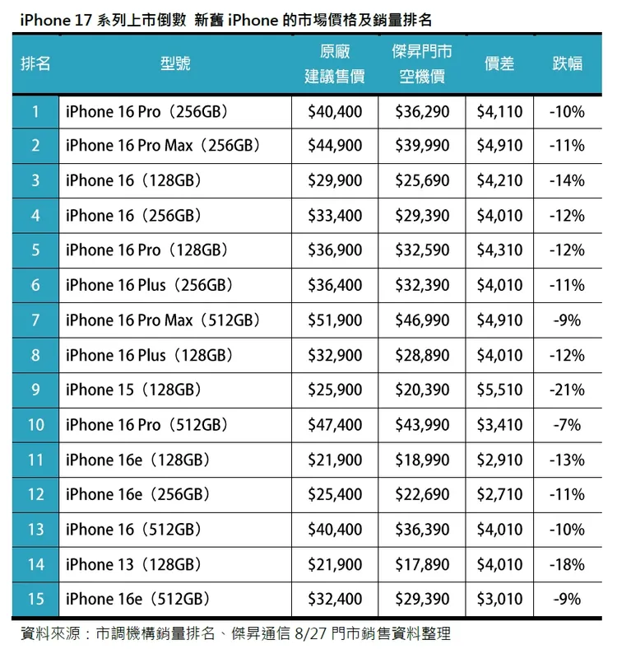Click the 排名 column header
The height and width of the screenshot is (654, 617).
(x=35, y=63)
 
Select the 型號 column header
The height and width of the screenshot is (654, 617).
(x=175, y=63)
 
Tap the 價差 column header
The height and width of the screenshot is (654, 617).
(x=499, y=63)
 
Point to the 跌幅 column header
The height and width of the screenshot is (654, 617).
(x=567, y=63)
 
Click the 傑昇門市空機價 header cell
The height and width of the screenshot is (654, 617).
(x=422, y=63)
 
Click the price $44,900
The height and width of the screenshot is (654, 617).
(x=335, y=146)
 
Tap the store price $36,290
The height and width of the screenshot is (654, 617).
(x=422, y=111)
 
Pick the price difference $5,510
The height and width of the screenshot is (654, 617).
(x=499, y=390)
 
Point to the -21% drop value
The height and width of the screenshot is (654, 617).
(x=567, y=390)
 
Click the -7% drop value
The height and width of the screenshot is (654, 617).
(x=567, y=425)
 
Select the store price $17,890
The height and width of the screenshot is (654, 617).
(x=422, y=564)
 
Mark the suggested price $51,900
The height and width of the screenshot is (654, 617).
(x=335, y=320)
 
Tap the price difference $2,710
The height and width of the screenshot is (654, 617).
(x=499, y=495)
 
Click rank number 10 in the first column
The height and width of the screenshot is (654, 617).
(x=35, y=425)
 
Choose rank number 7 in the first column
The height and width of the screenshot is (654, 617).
(x=35, y=320)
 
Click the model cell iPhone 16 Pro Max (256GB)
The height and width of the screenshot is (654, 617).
(x=163, y=146)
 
